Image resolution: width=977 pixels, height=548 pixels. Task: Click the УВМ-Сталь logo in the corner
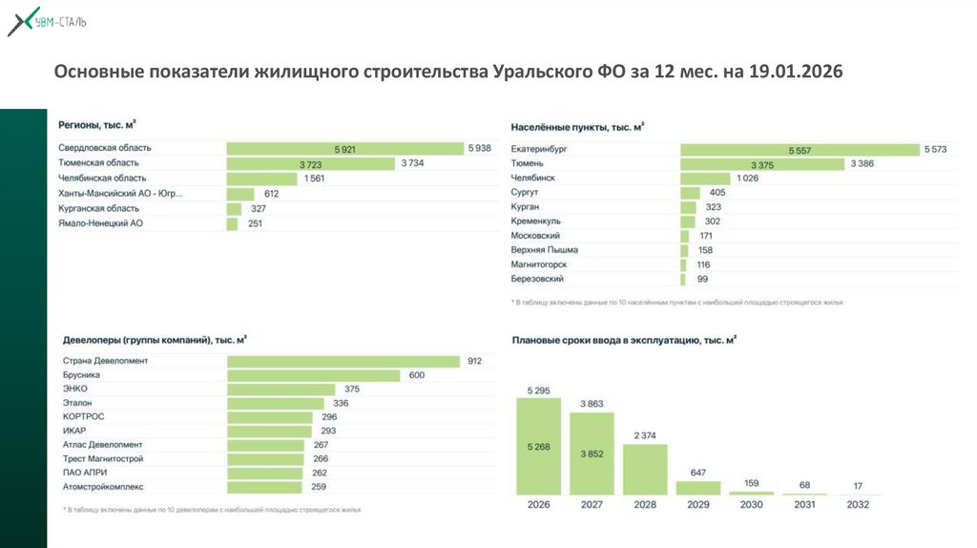point(47,22)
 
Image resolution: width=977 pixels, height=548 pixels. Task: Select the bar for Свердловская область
point(344,148)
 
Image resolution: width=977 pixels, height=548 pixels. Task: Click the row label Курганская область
point(98,208)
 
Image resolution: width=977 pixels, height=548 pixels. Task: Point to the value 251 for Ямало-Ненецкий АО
point(255,223)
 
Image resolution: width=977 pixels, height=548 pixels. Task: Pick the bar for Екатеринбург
point(800,150)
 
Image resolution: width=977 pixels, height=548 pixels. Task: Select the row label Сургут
point(527,193)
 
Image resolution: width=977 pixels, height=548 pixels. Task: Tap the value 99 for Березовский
point(702,279)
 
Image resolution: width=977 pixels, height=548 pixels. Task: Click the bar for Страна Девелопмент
point(344,361)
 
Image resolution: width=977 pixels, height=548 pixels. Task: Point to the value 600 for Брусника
point(416,375)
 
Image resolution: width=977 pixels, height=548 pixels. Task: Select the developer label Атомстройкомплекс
point(102,487)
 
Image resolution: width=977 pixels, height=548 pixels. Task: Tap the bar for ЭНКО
point(281,390)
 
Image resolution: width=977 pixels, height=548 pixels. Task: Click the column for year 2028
point(645,470)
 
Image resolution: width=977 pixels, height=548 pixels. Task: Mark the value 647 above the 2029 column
point(698,473)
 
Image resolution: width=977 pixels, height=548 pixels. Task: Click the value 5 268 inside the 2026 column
point(539,445)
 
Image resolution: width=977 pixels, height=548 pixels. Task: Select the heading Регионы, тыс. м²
point(96,125)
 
